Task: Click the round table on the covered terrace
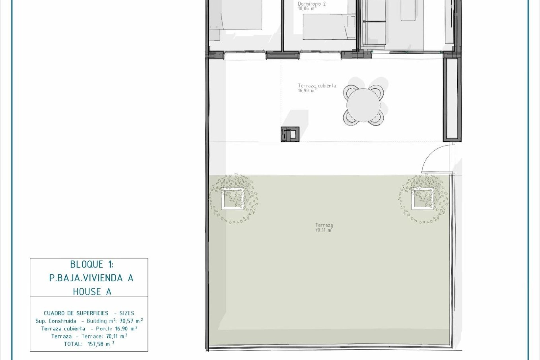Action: [x=363, y=105]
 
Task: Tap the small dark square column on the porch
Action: [x=290, y=134]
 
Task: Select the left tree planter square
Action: [x=233, y=199]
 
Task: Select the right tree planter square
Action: [x=423, y=199]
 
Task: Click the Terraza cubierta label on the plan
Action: [x=317, y=86]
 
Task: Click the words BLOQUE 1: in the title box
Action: [x=92, y=264]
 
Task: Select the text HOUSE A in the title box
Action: [x=92, y=292]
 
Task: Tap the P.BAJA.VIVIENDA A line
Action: [x=91, y=278]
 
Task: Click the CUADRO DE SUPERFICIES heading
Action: [x=76, y=313]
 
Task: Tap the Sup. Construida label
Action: [x=56, y=321]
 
